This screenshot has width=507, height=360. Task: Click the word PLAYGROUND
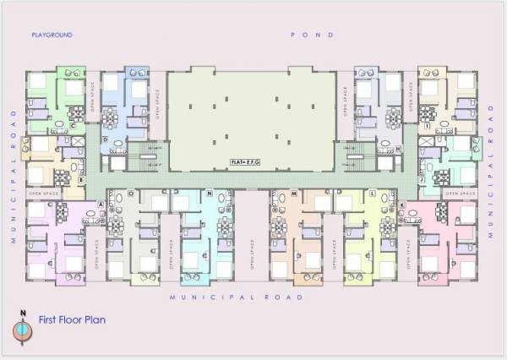click(x=52, y=35)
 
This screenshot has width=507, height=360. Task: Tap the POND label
click(x=313, y=35)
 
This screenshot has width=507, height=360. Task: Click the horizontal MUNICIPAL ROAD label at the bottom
click(x=235, y=297)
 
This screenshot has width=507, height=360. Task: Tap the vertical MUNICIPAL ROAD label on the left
click(x=14, y=176)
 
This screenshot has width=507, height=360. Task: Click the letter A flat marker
click(x=101, y=205)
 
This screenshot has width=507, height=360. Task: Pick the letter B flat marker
click(x=80, y=180)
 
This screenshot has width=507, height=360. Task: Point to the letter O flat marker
click(x=130, y=194)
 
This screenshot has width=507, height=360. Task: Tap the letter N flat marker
click(x=209, y=194)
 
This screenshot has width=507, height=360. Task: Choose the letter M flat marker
click(x=293, y=194)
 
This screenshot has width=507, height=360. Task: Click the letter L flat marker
click(x=373, y=194)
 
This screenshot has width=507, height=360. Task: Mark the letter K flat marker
click(x=403, y=205)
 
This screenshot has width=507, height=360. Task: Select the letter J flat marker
click(x=422, y=180)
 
